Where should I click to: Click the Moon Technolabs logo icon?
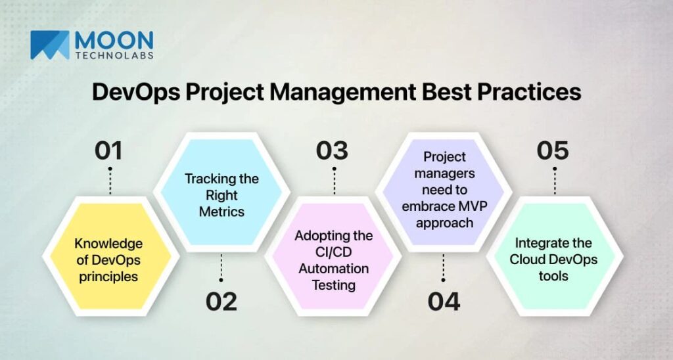coord(49,45)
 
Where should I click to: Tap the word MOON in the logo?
coord(114,39)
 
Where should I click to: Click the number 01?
coord(109,150)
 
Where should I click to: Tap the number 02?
coord(221,302)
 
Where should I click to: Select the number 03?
coord(332,150)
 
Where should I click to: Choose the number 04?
coord(444,302)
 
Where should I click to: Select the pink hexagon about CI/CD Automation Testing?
coord(333,260)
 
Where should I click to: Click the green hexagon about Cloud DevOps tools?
coord(553,259)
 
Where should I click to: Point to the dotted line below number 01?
coord(109,181)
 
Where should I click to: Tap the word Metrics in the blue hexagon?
coord(221,212)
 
